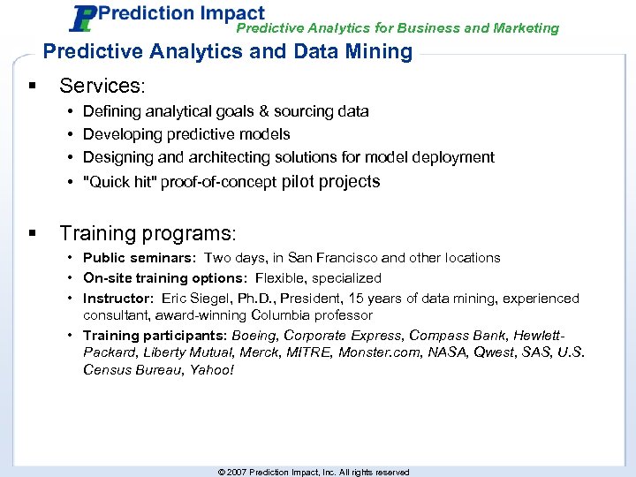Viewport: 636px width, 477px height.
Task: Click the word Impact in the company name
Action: click(231, 13)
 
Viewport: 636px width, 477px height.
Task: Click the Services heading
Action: click(101, 86)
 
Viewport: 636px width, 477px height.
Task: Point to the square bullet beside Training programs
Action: click(33, 233)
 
